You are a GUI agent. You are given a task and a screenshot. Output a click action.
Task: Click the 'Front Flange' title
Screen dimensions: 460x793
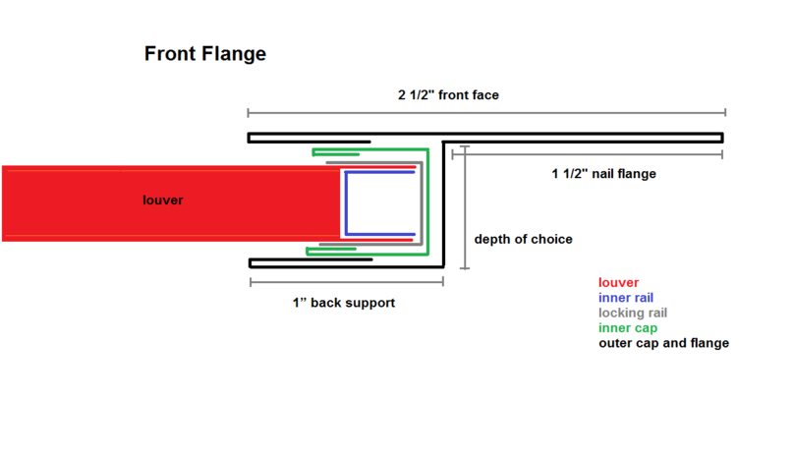click(205, 54)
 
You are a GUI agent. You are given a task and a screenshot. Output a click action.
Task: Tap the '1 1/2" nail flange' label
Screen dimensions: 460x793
click(603, 174)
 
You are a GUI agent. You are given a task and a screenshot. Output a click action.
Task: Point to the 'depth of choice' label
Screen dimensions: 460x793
click(523, 239)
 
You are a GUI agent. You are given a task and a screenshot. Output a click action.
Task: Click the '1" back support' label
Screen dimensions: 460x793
click(344, 303)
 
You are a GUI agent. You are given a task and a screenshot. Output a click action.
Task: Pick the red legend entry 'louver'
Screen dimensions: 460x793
click(618, 283)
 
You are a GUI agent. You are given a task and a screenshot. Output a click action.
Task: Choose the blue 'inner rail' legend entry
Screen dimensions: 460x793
click(626, 298)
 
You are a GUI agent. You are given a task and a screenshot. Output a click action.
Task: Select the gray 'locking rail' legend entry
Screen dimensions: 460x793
click(633, 314)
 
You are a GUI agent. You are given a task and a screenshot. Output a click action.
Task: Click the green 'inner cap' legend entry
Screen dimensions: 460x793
click(628, 328)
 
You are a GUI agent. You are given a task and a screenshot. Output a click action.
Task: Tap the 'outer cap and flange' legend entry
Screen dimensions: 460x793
click(663, 343)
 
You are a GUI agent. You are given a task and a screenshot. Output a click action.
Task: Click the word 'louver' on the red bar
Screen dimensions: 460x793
click(162, 201)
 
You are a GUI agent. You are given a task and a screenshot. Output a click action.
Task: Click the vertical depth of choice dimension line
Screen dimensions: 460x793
click(465, 207)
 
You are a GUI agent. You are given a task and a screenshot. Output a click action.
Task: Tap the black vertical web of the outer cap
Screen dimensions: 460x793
click(443, 201)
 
